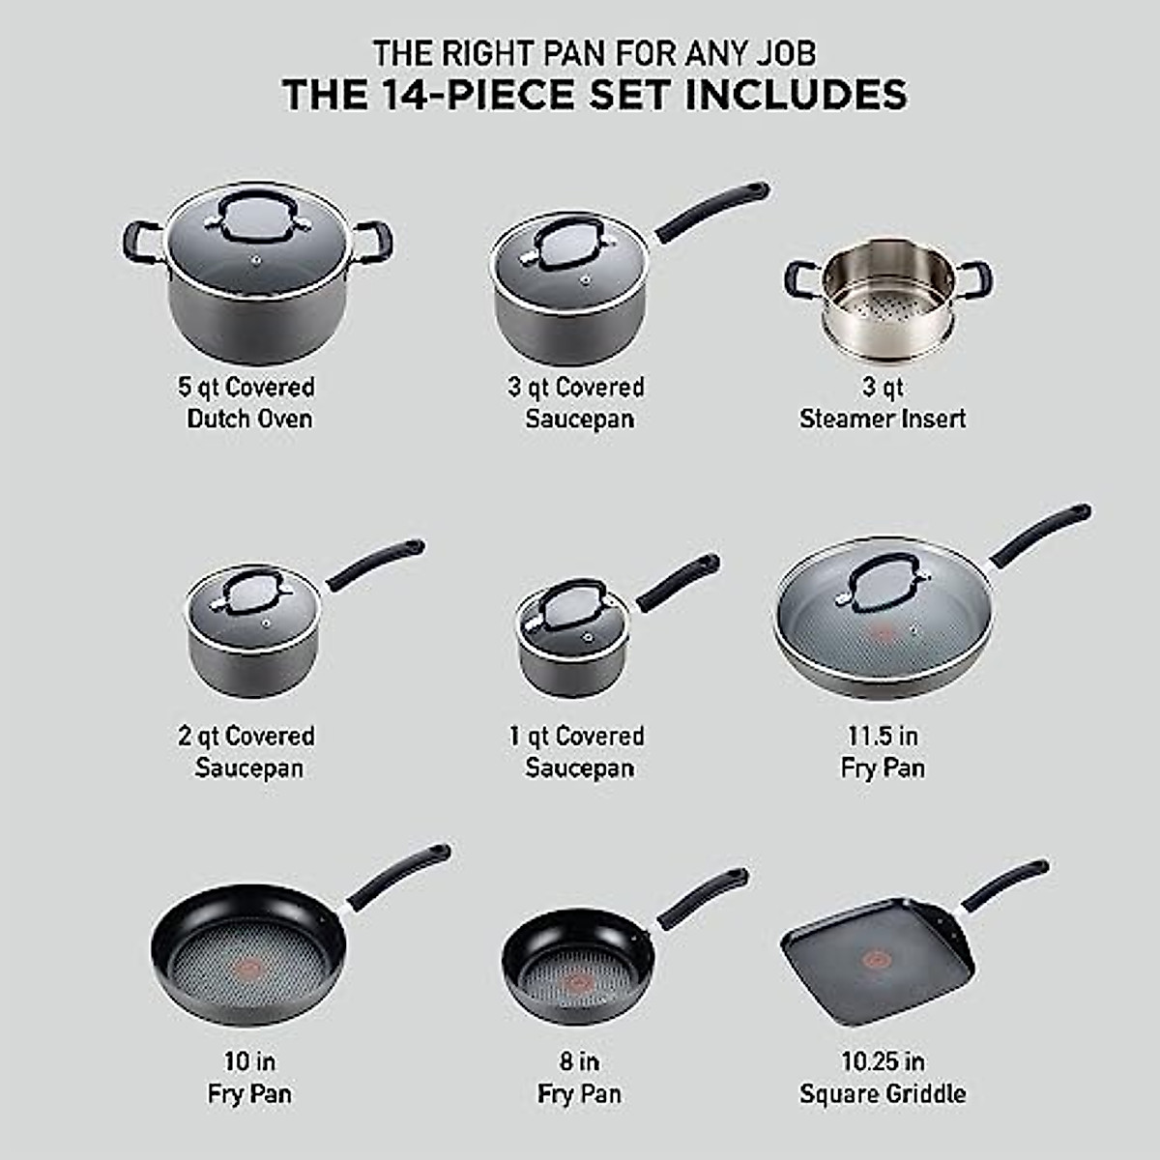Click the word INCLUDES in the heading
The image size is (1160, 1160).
click(x=796, y=96)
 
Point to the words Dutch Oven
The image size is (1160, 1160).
click(x=249, y=420)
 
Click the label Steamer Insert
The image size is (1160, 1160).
click(x=883, y=420)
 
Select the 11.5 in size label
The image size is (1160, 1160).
click(x=883, y=736)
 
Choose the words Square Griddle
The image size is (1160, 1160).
click(x=883, y=1094)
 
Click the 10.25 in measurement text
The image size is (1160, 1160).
click(x=883, y=1061)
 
